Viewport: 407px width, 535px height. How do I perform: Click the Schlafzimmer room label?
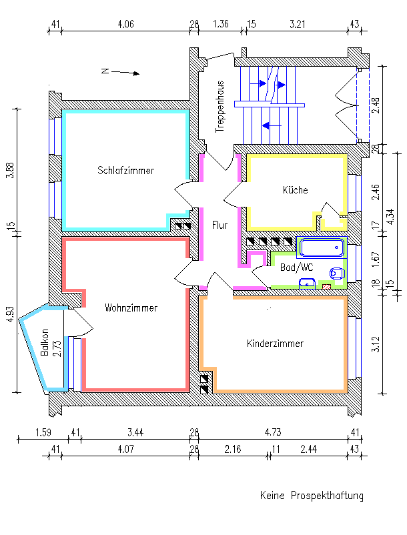pos(125,170)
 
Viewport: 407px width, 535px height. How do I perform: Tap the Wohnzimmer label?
pos(131,308)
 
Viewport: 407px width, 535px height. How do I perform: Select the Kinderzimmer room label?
pos(275,344)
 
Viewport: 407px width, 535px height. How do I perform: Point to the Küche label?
pos(295,190)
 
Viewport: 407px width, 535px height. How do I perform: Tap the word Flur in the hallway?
pos(220,225)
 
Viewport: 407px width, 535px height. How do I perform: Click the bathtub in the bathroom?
pos(322,249)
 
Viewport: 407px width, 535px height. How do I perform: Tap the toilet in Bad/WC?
pos(337,274)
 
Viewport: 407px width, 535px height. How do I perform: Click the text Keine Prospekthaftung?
pos(312,496)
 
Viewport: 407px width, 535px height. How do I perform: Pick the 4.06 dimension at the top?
pos(125,24)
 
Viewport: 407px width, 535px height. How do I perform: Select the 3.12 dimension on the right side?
pos(375,345)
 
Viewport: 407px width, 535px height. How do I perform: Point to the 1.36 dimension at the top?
pos(220,24)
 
